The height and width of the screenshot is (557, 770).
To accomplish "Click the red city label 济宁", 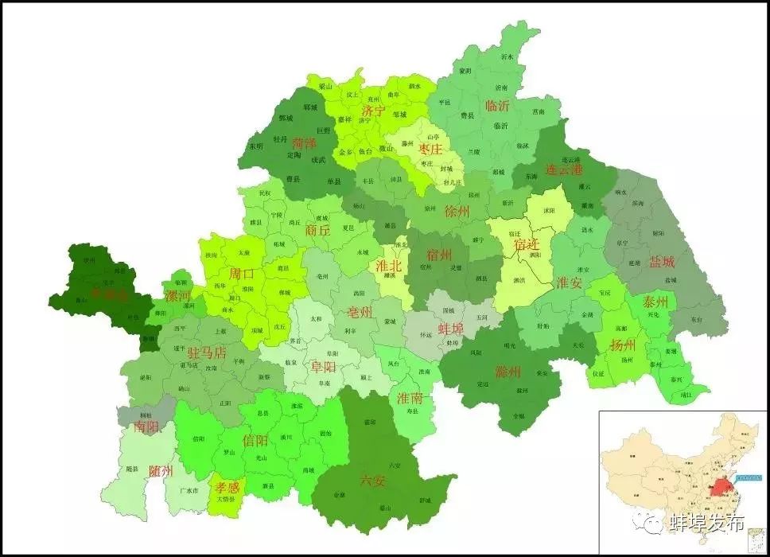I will point(374,111).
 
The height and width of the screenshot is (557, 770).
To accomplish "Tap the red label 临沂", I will point(497,106).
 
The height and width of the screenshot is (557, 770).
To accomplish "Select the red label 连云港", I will point(564,169).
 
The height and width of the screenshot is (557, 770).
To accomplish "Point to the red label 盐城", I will point(661,261).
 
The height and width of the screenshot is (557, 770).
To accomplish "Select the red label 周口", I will point(241,274).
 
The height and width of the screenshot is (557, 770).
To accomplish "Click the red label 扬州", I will point(622,345).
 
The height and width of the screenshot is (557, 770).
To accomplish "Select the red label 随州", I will point(161,471).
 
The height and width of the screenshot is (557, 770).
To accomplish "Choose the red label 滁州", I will point(507,372).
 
